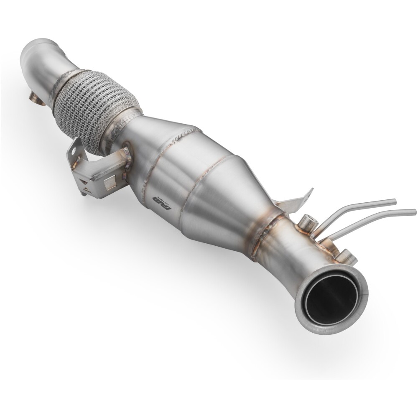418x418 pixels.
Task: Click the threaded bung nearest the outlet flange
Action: point(346,256)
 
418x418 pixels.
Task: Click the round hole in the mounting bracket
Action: point(76,148)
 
